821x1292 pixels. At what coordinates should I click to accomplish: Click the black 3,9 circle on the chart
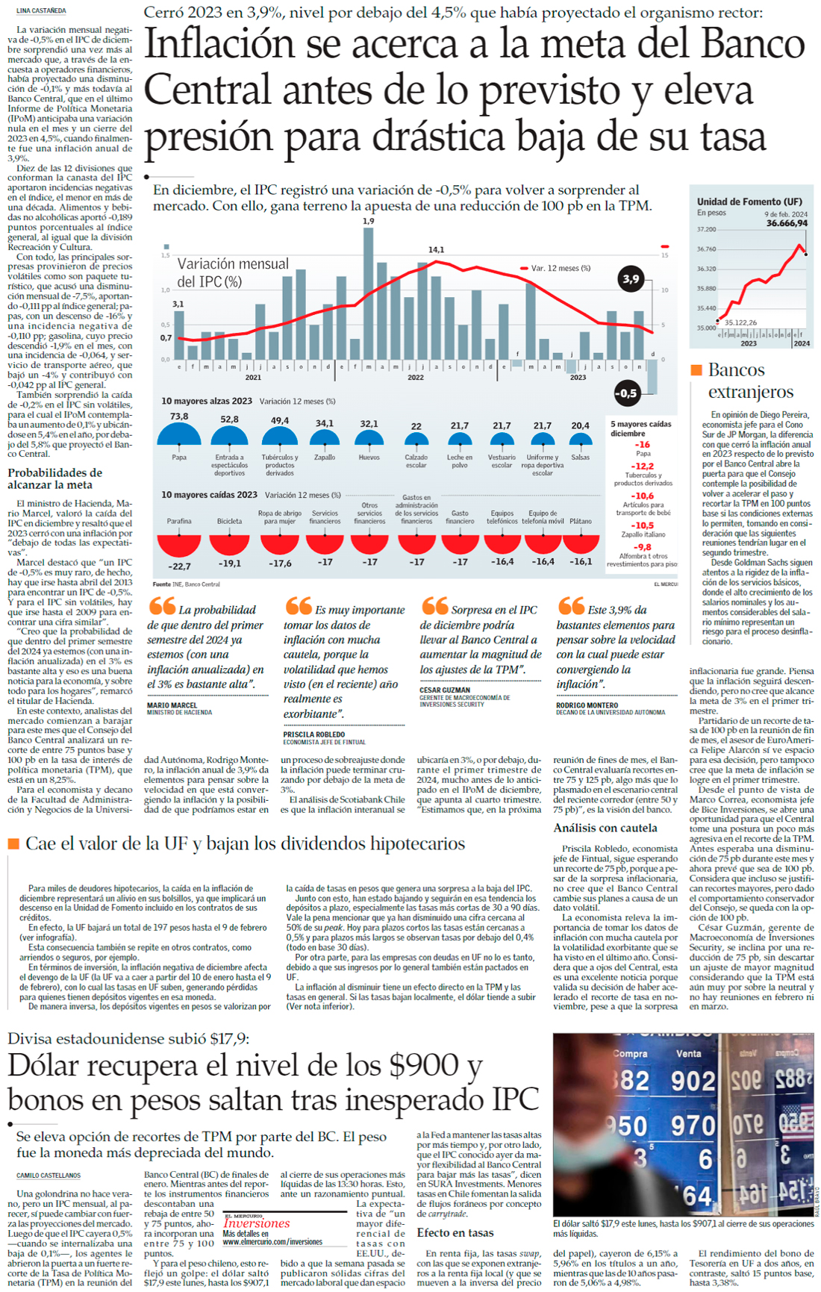tap(631, 279)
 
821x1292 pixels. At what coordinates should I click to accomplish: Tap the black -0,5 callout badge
tap(626, 393)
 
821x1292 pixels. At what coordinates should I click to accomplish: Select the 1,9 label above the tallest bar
tap(368, 222)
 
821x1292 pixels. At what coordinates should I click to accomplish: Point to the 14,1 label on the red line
tap(436, 250)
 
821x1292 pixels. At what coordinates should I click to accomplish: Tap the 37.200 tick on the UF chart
tap(706, 230)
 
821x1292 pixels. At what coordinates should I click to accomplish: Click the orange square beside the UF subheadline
tap(13, 843)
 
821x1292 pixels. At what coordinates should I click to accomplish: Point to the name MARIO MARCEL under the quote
tap(172, 705)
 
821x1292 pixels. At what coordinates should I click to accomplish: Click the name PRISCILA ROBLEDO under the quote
tap(313, 734)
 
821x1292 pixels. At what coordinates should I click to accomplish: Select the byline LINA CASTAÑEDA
tap(41, 11)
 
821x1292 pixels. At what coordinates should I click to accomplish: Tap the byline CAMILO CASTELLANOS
tap(49, 1176)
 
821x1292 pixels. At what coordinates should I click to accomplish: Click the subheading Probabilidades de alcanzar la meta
tap(55, 478)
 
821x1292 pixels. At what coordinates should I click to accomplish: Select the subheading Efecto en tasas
tap(455, 1232)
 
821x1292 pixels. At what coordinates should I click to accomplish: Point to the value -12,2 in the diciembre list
tap(642, 466)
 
